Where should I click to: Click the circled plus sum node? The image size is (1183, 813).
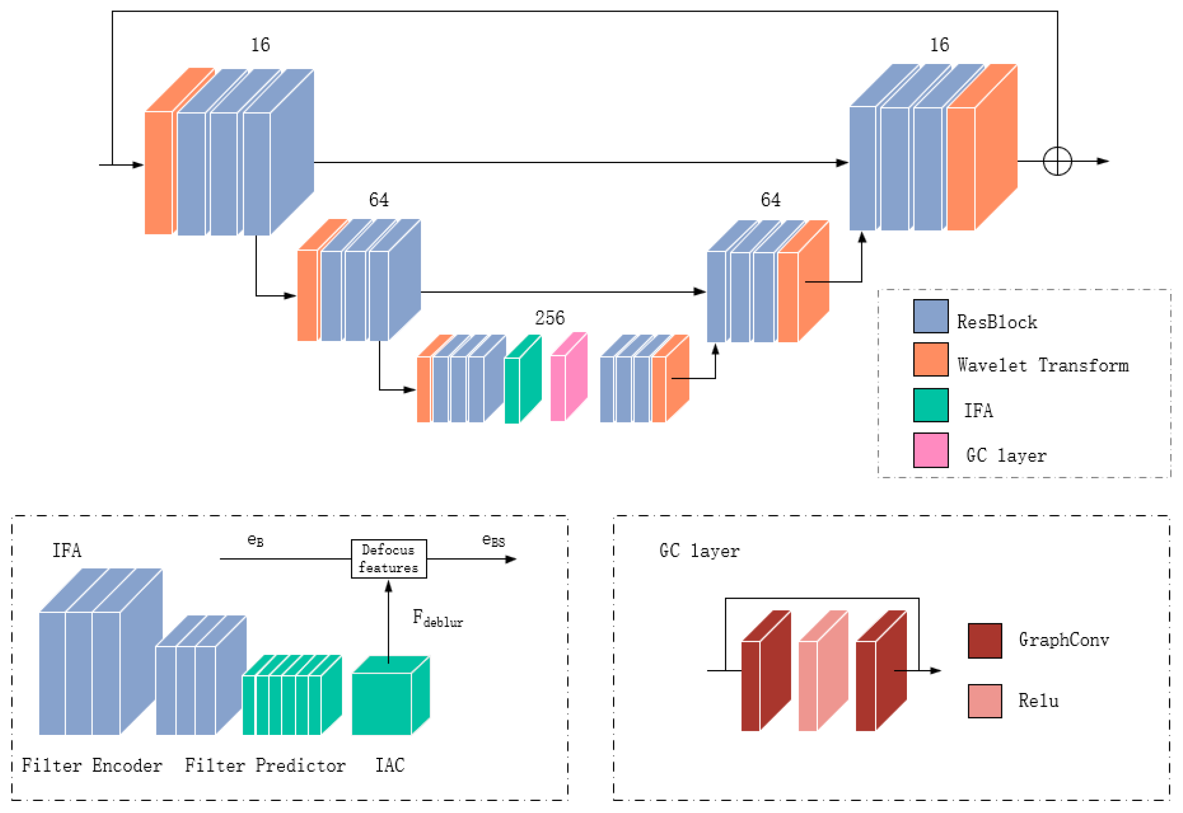[1057, 161]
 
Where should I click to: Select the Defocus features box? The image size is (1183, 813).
[389, 559]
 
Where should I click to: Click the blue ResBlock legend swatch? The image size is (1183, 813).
[930, 317]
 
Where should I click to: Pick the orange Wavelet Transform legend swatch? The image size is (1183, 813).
[930, 360]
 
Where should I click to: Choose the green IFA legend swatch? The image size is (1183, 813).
[930, 405]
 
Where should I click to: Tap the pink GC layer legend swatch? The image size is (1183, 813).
[930, 450]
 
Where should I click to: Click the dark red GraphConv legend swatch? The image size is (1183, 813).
[984, 641]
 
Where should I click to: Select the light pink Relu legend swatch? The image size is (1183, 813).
[984, 701]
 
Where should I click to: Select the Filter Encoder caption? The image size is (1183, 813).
[92, 765]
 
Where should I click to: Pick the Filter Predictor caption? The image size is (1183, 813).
[265, 765]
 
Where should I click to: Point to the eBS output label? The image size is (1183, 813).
[493, 540]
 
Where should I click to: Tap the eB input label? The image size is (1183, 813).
[255, 540]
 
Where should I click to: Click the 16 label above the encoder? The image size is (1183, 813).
[260, 45]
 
